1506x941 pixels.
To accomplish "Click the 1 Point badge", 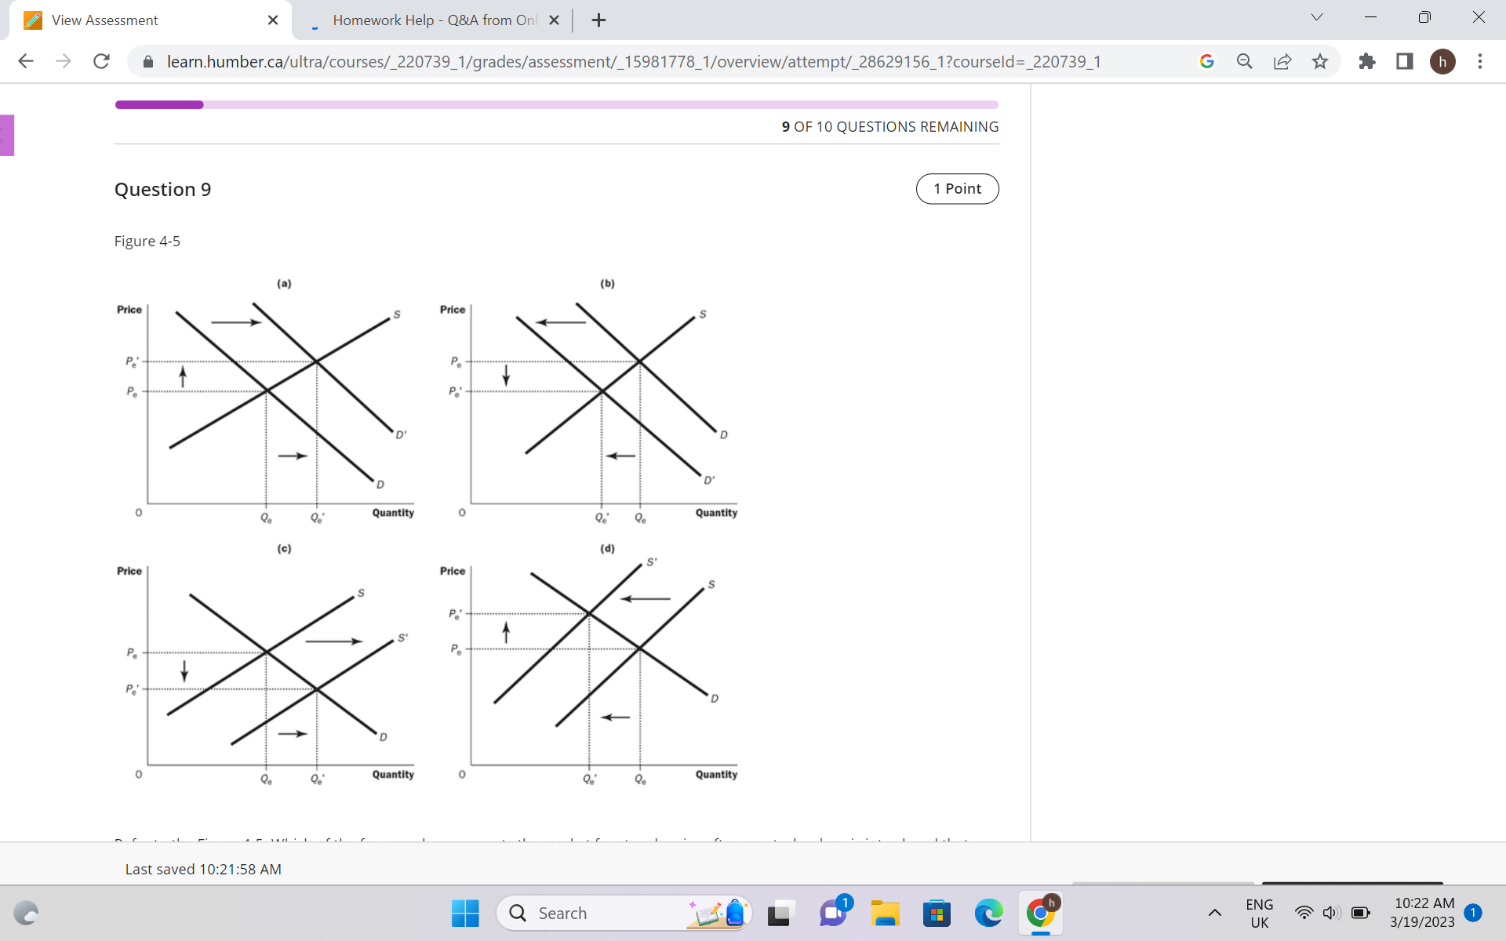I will [x=957, y=189].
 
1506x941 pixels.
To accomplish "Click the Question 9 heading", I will [x=162, y=190].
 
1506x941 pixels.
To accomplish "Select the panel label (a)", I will [x=284, y=283].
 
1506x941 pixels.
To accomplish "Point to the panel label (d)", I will [x=607, y=548].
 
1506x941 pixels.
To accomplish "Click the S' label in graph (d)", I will [x=652, y=561].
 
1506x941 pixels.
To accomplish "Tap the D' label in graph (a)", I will [x=401, y=434].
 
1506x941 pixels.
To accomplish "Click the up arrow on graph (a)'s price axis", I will [x=183, y=376].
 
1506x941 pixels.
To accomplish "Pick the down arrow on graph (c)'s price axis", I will [x=184, y=670].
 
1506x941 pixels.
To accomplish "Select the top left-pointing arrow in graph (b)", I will [x=561, y=322].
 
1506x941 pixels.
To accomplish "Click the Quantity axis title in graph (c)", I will [x=393, y=774].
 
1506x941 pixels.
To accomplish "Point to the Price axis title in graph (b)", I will [x=453, y=310].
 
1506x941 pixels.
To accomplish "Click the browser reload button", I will [x=101, y=61].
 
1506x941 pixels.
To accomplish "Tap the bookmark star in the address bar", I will [x=1320, y=61].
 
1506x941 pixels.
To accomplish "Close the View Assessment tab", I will [x=273, y=20].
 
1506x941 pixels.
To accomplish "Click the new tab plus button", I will [x=598, y=20].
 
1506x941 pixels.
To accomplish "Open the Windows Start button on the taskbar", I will [x=465, y=913].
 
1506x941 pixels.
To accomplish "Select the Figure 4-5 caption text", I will [x=147, y=242].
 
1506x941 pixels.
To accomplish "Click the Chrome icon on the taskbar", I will [x=1040, y=913].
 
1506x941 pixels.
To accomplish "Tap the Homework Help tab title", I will [x=435, y=20].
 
